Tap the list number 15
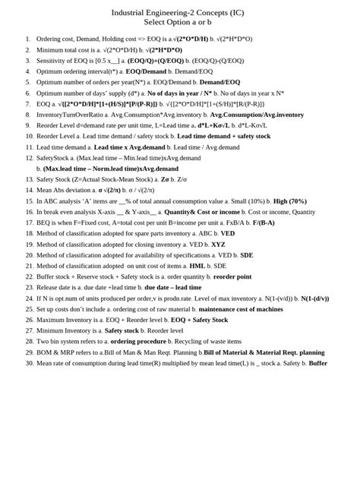point(28,201)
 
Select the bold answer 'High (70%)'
point(290,201)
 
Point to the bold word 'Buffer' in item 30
point(317,363)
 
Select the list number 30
point(28,363)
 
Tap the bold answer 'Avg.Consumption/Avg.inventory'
point(257,114)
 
